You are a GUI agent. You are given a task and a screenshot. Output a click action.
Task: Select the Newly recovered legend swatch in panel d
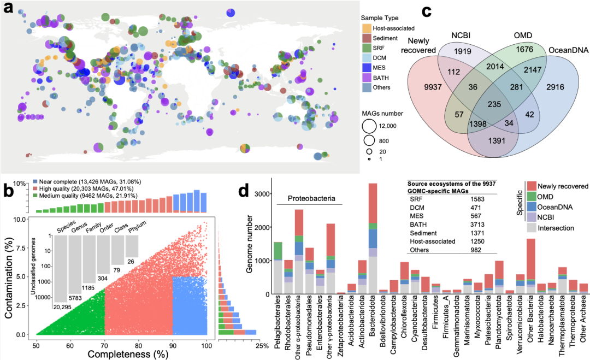coord(532,186)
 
